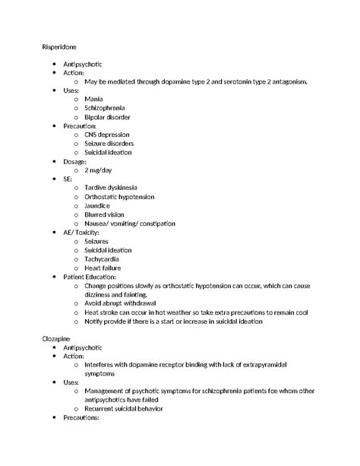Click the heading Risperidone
pyautogui.click(x=58, y=47)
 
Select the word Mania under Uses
pyautogui.click(x=94, y=100)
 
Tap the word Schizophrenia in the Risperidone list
pyautogui.click(x=105, y=109)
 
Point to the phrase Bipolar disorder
pyautogui.click(x=107, y=118)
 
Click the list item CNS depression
pyautogui.click(x=107, y=135)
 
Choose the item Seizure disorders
pyautogui.click(x=109, y=144)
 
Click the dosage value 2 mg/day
pyautogui.click(x=98, y=170)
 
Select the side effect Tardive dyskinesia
pyautogui.click(x=111, y=188)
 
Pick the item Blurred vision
pyautogui.click(x=106, y=214)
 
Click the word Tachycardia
pyautogui.click(x=102, y=259)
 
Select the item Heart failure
pyautogui.click(x=103, y=268)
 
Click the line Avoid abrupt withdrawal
pyautogui.click(x=121, y=303)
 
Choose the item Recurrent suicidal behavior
pyautogui.click(x=125, y=408)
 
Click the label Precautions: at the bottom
pyautogui.click(x=83, y=417)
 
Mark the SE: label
pyautogui.click(x=69, y=179)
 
